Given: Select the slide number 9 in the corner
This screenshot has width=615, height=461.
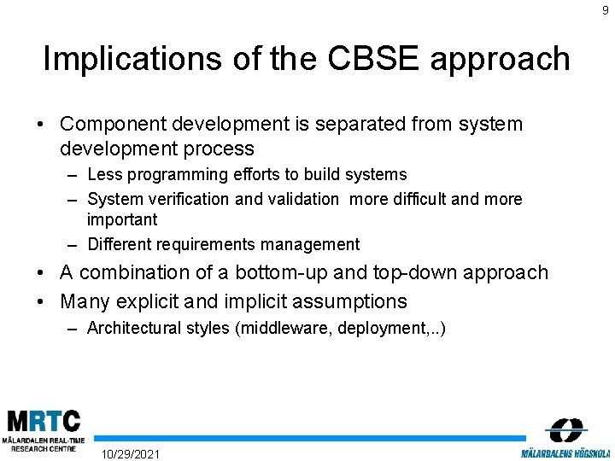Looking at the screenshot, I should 606,9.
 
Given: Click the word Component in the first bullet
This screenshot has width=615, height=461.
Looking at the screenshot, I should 111,124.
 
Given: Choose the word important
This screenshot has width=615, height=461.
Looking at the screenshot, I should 122,219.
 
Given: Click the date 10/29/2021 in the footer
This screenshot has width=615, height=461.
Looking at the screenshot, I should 130,453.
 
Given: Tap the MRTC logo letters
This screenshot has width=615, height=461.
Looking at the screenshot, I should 44,422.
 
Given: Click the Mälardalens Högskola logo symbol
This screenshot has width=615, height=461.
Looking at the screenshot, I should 565,429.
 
